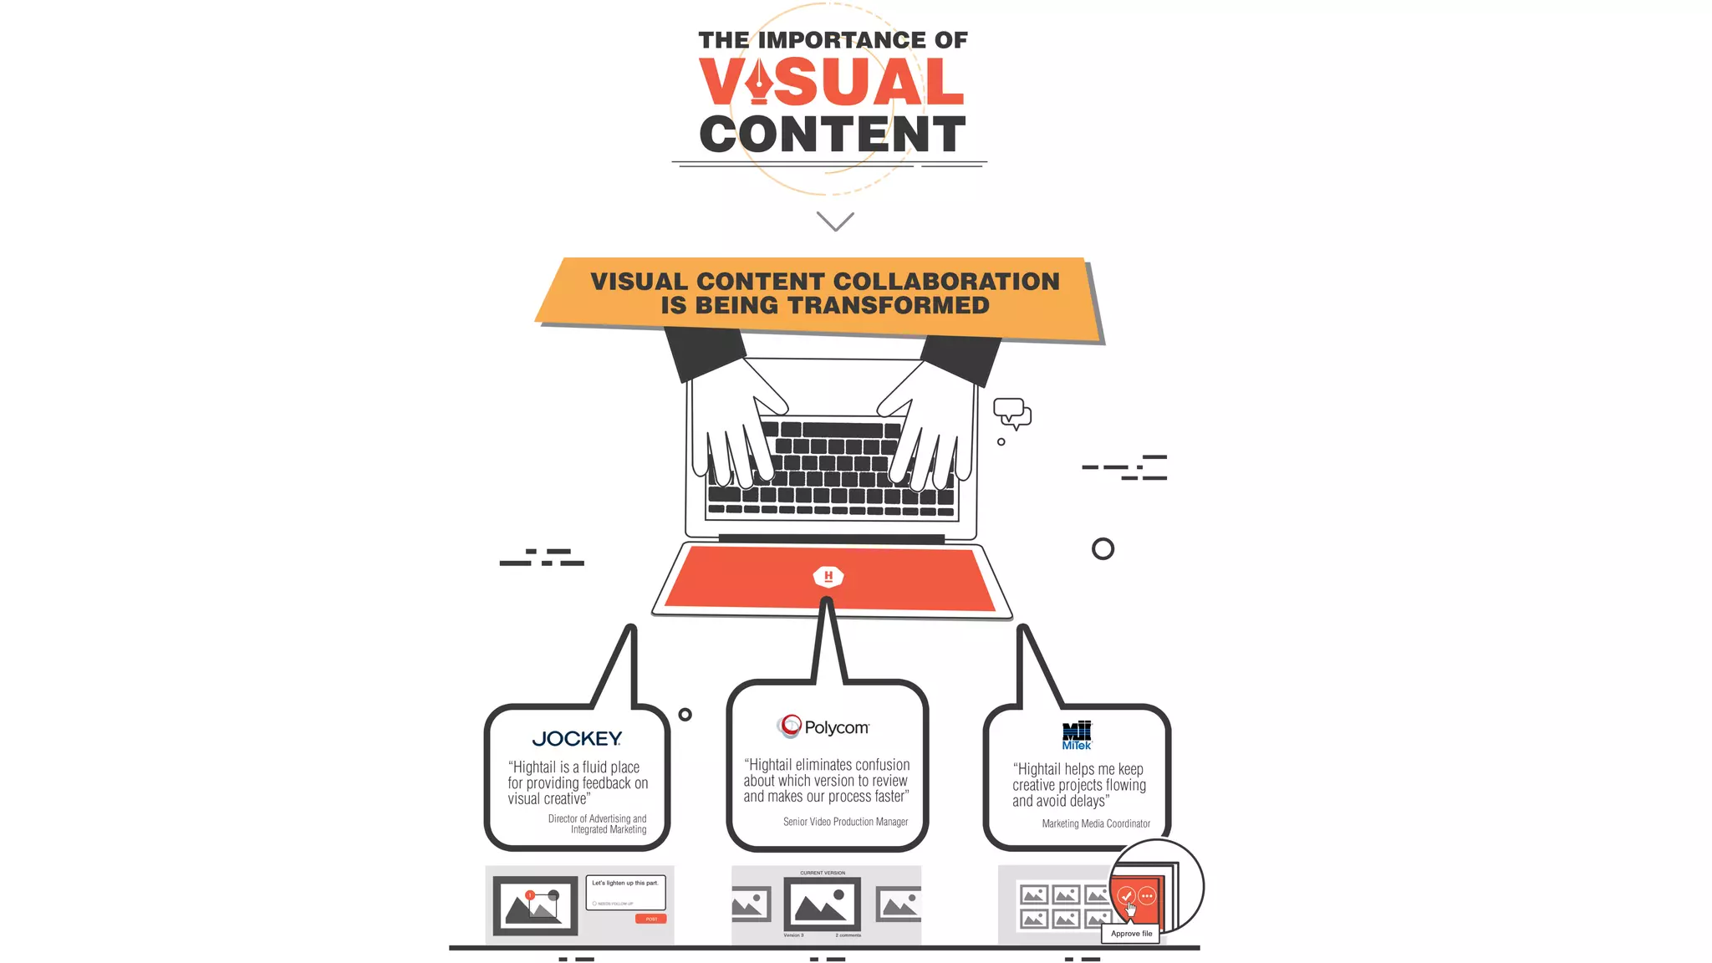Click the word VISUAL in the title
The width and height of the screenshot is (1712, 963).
point(832,83)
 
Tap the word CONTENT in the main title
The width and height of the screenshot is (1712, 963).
point(833,135)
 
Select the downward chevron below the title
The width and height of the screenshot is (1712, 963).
point(835,222)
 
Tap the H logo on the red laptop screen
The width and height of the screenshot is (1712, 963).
point(828,576)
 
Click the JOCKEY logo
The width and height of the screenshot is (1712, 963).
point(577,739)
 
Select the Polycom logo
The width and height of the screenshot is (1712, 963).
point(825,727)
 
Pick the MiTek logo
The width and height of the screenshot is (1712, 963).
point(1077,736)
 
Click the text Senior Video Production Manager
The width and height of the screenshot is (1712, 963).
point(845,822)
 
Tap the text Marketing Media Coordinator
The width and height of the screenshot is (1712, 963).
point(1096,823)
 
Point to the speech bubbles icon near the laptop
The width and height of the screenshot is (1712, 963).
point(1011,413)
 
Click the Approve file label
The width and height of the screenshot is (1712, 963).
point(1131,934)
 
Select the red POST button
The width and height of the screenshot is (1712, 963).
point(651,919)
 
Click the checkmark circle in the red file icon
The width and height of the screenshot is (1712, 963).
point(1127,896)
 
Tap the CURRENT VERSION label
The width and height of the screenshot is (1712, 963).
point(823,873)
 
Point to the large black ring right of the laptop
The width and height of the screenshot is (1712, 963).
point(1103,549)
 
